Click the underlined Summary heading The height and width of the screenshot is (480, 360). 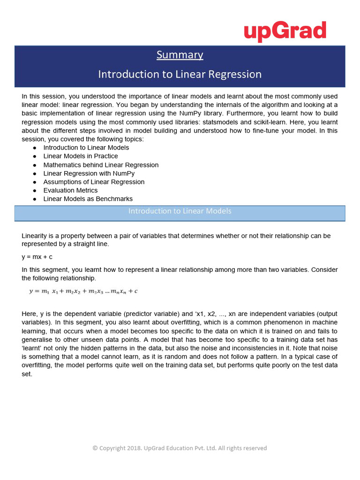[180, 55]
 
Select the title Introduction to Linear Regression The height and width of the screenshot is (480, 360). [180, 74]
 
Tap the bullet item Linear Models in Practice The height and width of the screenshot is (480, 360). [81, 156]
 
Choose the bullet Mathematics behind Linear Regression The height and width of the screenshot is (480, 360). [101, 165]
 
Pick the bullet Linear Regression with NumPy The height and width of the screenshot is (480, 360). [89, 173]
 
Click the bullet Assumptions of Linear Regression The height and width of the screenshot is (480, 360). [94, 182]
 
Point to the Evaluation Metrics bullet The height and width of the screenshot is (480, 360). [70, 190]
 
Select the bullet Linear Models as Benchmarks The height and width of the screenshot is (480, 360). [88, 199]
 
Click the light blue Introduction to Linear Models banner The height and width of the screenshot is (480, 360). [180, 211]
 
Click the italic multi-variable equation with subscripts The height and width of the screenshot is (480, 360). [83, 291]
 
